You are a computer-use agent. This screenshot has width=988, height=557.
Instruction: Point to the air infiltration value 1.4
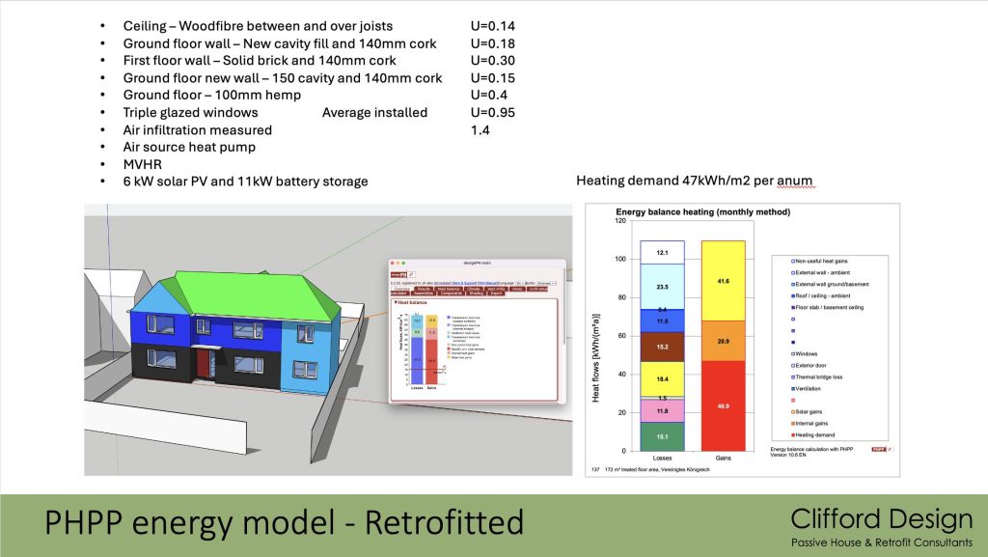tap(480, 129)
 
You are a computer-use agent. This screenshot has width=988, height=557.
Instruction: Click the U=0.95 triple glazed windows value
tap(492, 112)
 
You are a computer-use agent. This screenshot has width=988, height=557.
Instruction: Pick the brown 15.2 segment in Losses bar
tap(661, 347)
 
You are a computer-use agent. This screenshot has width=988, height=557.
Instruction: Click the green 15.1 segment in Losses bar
tap(661, 436)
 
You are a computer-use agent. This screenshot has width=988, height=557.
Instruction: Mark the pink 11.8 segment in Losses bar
tap(661, 411)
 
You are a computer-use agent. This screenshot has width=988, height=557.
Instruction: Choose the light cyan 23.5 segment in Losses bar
tap(661, 286)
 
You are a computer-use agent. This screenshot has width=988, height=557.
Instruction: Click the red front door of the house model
tap(203, 365)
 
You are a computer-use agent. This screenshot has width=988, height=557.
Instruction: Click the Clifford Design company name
tap(881, 519)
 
